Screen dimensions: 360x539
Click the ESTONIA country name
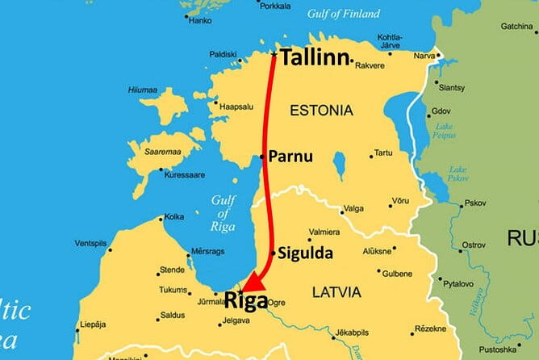coord(321,110)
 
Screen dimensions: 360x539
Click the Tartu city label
coord(382,153)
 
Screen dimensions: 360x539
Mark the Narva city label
coord(424,57)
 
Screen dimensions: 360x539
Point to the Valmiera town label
coord(324,232)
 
